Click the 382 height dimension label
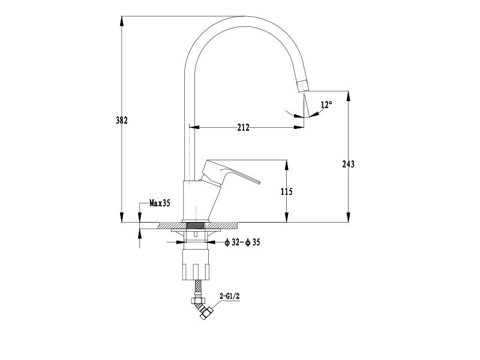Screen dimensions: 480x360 coord(122,121)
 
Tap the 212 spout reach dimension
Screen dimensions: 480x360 coord(244,127)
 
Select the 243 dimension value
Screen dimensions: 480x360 coord(349,164)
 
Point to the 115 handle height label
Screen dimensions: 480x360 coord(287,191)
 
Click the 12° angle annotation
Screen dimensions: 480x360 coord(326,104)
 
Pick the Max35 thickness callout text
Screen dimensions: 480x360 coord(160,203)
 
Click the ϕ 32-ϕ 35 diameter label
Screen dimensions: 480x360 coord(242,242)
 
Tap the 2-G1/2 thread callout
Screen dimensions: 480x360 coord(230,296)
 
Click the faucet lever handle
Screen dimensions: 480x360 coord(230,172)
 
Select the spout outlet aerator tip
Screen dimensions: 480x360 coord(303,85)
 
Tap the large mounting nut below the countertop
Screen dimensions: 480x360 coord(196,264)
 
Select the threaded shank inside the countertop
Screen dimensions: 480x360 coord(196,226)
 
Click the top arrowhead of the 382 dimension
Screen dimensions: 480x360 coord(122,21)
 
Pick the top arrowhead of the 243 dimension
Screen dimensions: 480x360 coord(349,96)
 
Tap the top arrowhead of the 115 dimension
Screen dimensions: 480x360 coord(287,164)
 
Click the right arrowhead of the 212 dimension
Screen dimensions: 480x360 coord(299,127)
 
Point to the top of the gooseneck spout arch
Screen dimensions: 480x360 coord(245,16)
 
